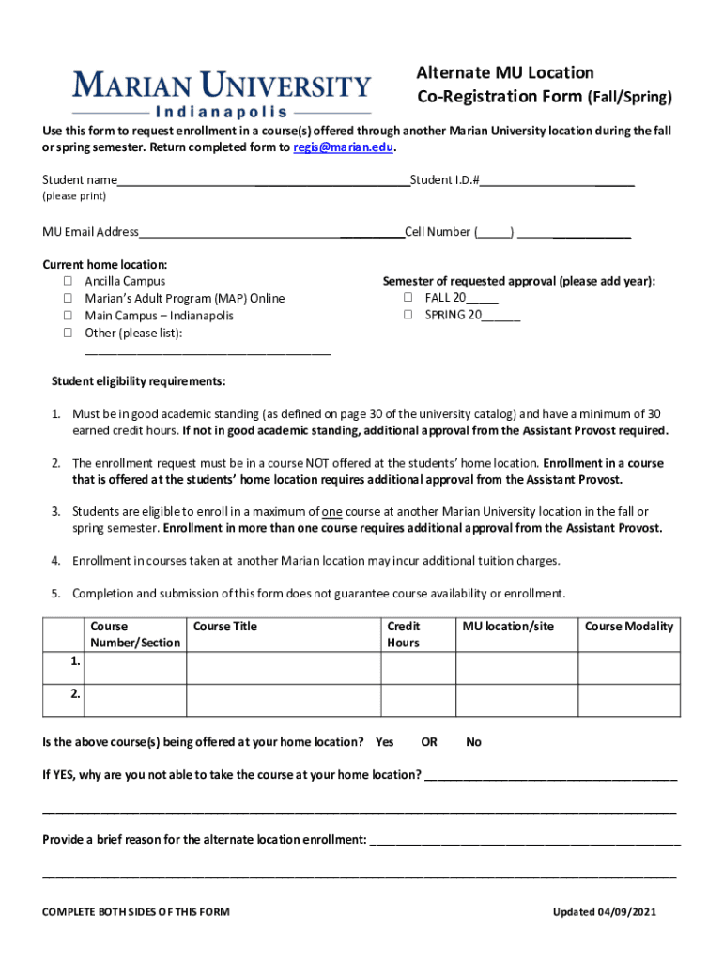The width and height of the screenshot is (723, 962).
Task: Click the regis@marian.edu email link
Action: coord(343,147)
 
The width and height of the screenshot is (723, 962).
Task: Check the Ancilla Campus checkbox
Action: coord(69,281)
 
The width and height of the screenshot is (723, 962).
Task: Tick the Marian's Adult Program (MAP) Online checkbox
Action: coord(69,298)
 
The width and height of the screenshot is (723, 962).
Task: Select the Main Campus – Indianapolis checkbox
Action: coord(69,316)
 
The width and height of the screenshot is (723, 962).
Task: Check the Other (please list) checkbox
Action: coord(69,333)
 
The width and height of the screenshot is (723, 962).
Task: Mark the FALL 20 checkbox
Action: coord(408,297)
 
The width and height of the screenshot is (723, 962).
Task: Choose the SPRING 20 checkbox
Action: coord(408,315)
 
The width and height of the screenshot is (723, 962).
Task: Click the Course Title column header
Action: coord(225,627)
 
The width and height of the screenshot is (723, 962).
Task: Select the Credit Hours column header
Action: coord(404,634)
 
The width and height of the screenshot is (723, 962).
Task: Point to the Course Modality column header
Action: coord(629,627)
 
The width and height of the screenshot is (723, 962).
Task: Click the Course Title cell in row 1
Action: coord(283,668)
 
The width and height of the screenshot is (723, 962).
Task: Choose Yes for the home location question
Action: coord(384,742)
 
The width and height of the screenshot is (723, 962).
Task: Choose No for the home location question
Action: coord(473,742)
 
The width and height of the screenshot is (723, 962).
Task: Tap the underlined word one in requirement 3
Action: coord(331,512)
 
